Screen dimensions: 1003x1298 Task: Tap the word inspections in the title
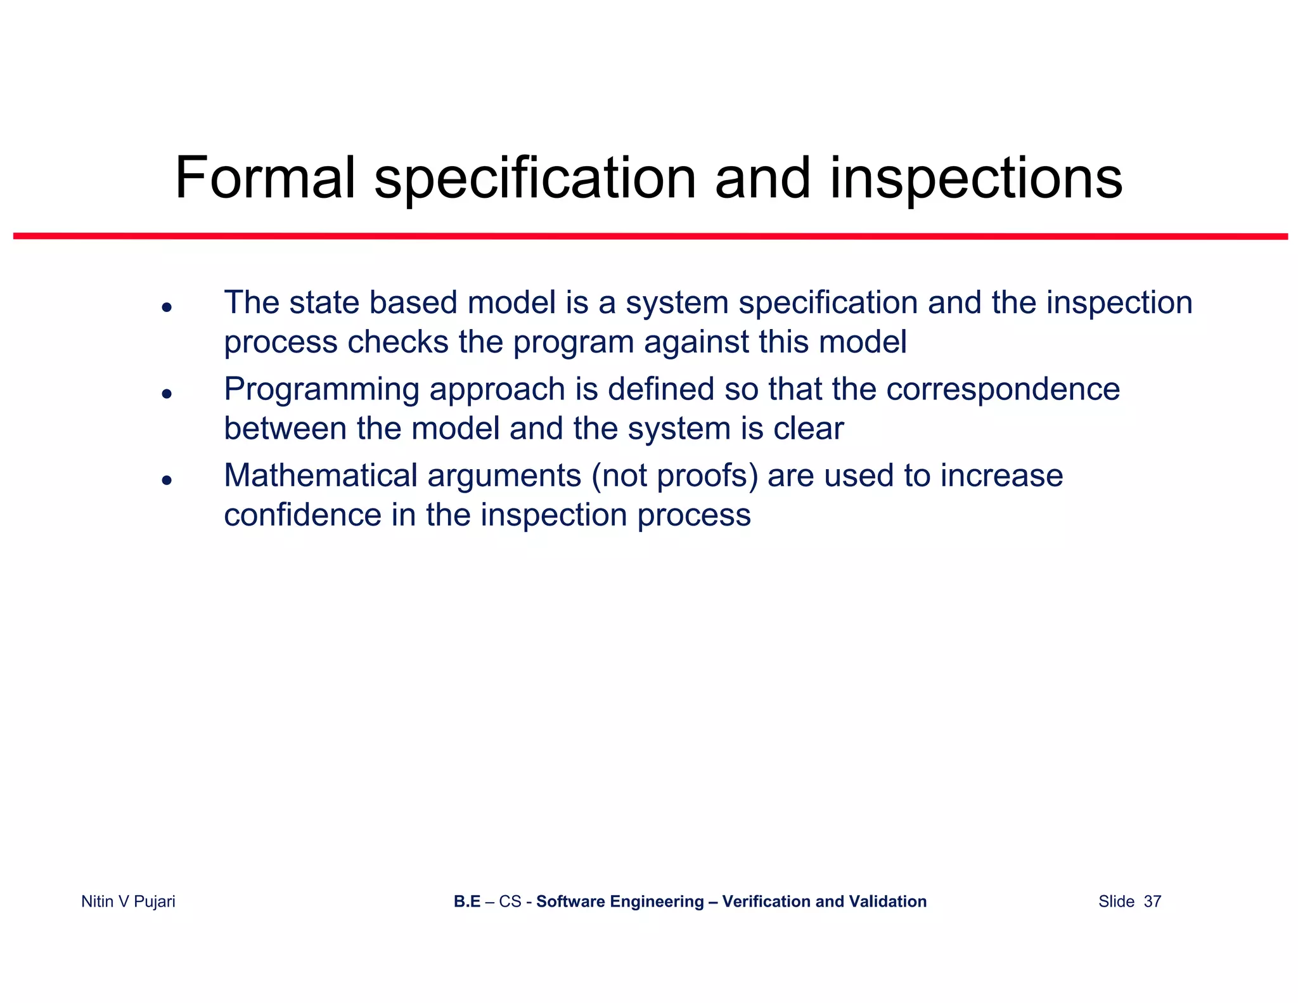(x=976, y=180)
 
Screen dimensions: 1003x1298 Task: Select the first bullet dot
(x=167, y=307)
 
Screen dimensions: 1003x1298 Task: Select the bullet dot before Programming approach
(x=167, y=394)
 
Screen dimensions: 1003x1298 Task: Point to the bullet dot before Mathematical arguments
(x=167, y=480)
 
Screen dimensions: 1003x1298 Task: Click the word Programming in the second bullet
(x=321, y=390)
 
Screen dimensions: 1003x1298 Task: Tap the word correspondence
(x=1003, y=389)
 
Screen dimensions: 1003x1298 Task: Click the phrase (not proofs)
(x=674, y=476)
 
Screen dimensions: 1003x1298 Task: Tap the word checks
(x=398, y=342)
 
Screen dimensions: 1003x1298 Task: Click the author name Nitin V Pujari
(x=128, y=902)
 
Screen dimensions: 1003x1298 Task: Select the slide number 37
(x=1152, y=902)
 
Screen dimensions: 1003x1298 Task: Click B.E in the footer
(x=467, y=902)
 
